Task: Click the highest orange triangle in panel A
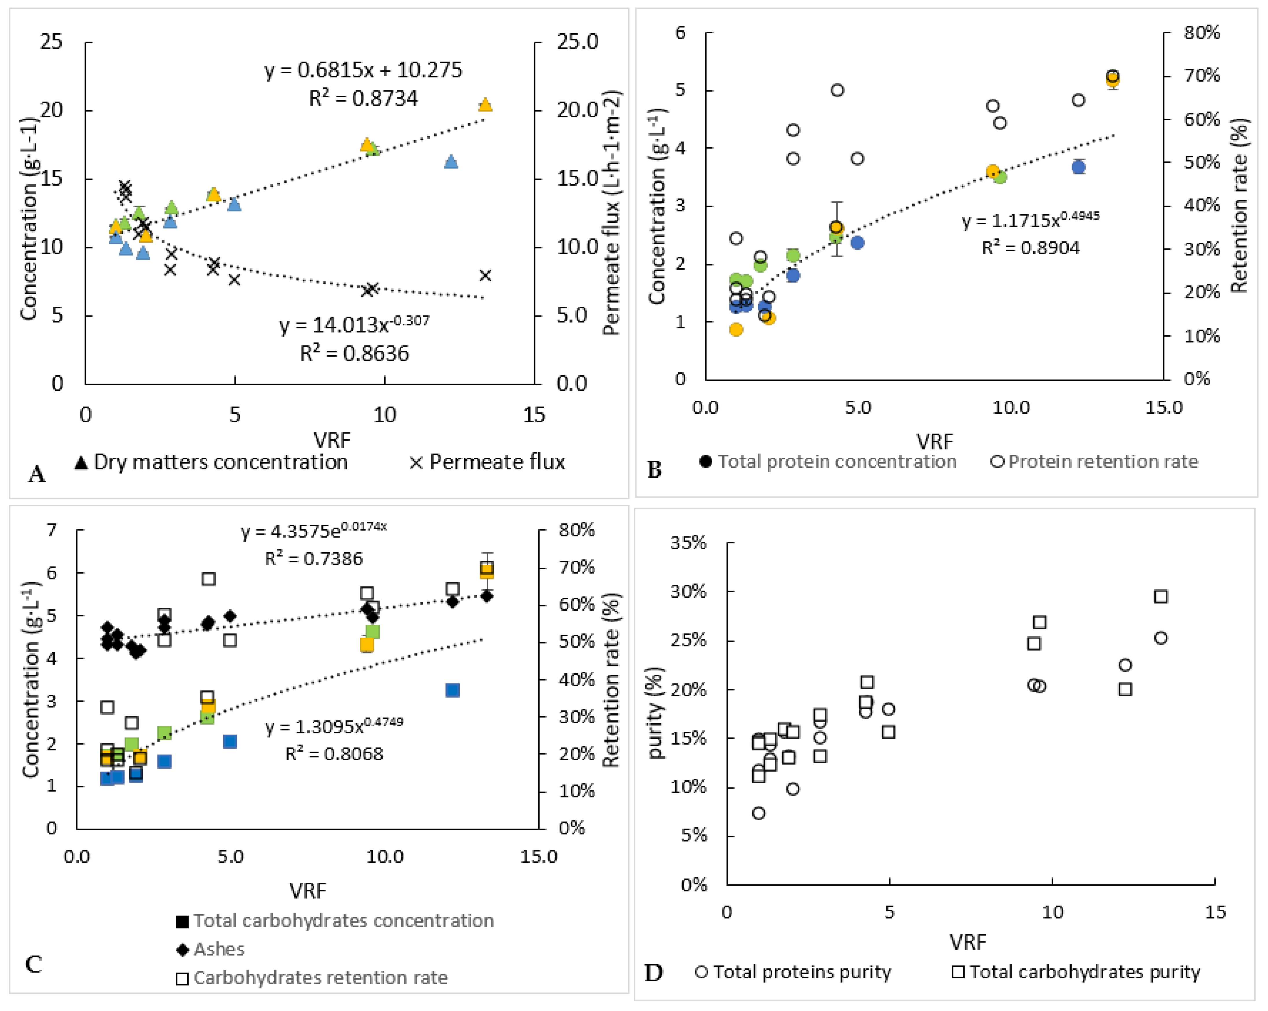[485, 105]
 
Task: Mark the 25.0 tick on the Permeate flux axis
[578, 42]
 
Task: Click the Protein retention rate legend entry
[1094, 461]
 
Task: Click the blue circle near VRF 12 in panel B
[1078, 167]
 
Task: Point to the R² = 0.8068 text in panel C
[334, 754]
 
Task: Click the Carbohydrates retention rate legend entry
[312, 977]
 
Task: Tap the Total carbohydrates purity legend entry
[1076, 972]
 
